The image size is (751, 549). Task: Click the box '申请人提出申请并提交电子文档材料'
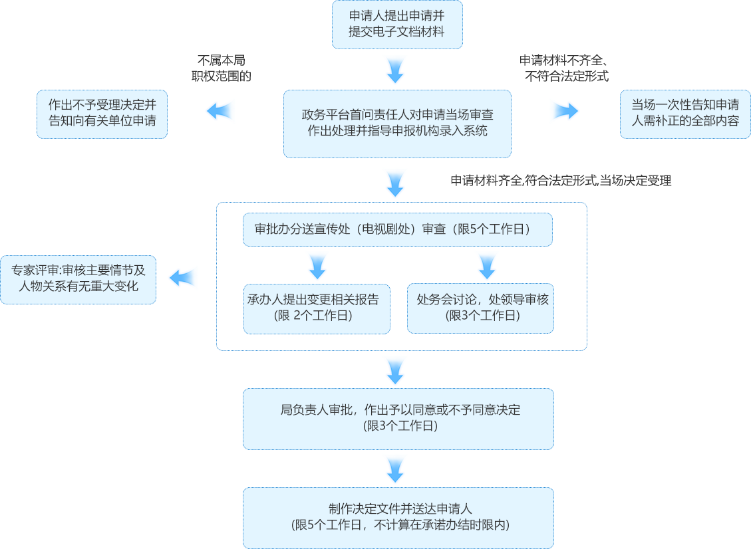point(397,25)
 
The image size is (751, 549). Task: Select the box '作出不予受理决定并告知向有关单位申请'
point(102,114)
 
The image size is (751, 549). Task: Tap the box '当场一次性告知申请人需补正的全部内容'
point(684,114)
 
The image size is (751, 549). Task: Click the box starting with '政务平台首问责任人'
point(397,124)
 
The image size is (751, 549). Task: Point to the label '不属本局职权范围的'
point(221,68)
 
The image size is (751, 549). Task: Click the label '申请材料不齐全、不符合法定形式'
point(565,68)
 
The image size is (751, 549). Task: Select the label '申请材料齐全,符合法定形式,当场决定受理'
point(561,180)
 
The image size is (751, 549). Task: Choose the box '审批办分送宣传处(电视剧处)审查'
point(398,230)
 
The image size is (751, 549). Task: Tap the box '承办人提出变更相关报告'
point(317,308)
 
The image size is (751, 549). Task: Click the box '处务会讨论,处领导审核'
point(480,308)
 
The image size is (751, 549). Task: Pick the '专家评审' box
point(78,279)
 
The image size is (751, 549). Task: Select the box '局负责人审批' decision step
point(398,418)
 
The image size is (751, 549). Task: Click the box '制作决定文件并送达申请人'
point(398,517)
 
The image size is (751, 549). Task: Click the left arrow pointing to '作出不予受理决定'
point(220,111)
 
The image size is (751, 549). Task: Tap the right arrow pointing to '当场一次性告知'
point(564,111)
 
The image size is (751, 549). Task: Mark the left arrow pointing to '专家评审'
point(183,277)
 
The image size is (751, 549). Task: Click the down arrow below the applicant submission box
point(395,68)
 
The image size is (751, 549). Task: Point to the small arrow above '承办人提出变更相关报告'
point(317,267)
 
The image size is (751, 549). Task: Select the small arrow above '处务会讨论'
point(487,267)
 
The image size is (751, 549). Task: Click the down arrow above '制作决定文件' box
point(395,469)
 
